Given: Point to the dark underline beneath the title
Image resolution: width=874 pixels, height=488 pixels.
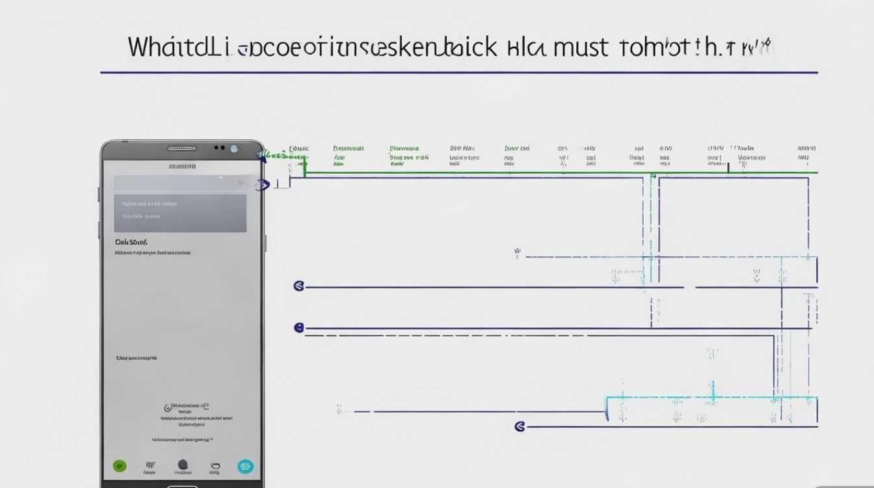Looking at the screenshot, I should [x=458, y=72].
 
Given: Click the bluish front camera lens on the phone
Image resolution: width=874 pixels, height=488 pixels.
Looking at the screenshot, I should [x=234, y=149].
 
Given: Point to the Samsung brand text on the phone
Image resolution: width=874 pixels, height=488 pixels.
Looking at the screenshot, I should [x=182, y=167].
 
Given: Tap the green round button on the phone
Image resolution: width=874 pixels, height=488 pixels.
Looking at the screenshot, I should [x=119, y=466].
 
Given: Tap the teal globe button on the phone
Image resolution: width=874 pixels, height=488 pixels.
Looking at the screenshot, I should [x=245, y=466].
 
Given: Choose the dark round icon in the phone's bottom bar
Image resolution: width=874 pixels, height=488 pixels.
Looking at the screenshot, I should [x=183, y=465].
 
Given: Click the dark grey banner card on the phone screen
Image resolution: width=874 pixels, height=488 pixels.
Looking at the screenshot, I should [x=180, y=204].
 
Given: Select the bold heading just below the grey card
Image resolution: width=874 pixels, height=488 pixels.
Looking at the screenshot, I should [x=131, y=241].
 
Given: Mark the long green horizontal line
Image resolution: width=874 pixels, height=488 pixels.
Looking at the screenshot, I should [x=559, y=173].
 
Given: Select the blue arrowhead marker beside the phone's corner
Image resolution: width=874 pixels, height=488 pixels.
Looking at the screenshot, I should [x=262, y=185].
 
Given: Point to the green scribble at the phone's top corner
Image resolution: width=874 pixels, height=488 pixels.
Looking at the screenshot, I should [x=273, y=156].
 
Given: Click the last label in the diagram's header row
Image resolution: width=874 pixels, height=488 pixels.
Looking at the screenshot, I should [x=806, y=149].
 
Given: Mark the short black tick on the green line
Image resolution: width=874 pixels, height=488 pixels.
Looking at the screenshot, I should [x=728, y=169].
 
